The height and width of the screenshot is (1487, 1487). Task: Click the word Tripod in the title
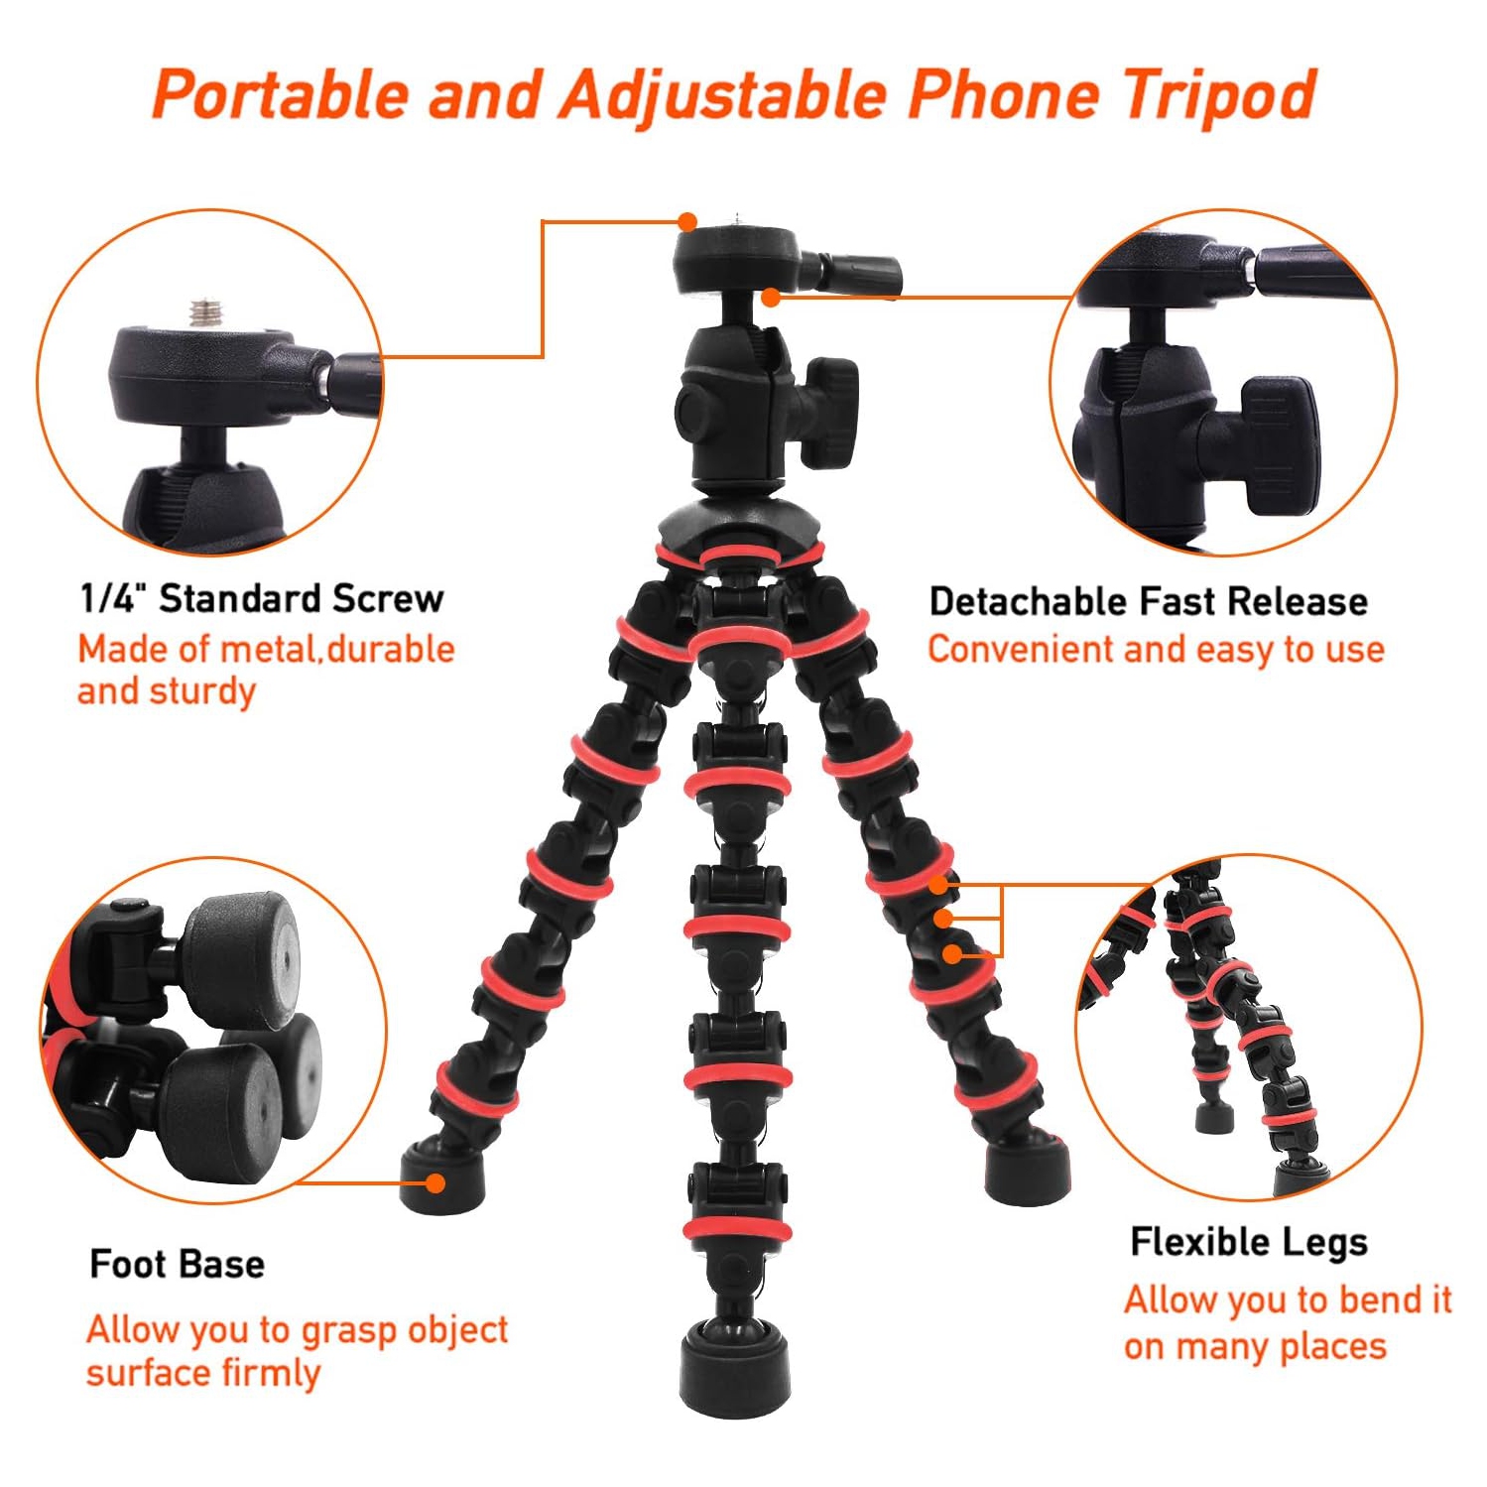(1219, 96)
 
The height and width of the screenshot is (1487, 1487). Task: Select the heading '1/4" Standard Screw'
(262, 598)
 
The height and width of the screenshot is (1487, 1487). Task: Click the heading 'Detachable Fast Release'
(1148, 601)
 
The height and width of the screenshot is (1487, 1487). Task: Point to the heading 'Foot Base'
(177, 1264)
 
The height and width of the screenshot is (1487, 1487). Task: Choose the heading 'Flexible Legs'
(1248, 1242)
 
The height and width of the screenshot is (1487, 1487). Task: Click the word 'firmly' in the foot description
(271, 1374)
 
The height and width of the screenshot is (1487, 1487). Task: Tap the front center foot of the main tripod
(734, 1369)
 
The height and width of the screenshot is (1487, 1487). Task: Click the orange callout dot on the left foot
(434, 1182)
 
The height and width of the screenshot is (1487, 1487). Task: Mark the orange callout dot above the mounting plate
(687, 221)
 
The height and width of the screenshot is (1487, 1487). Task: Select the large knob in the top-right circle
(1279, 445)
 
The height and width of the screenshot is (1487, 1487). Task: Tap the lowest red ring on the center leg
(736, 1231)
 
